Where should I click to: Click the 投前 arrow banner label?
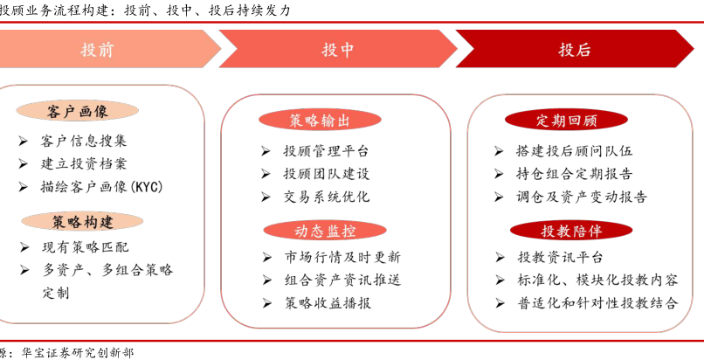pyautogui.click(x=97, y=50)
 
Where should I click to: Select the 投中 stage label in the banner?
pyautogui.click(x=337, y=50)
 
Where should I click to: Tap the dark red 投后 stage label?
pyautogui.click(x=574, y=50)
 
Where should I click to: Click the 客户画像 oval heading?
pyautogui.click(x=77, y=111)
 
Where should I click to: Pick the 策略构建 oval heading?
pyautogui.click(x=82, y=222)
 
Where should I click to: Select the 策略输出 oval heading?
pyautogui.click(x=320, y=121)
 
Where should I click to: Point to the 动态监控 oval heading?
pyautogui.click(x=325, y=231)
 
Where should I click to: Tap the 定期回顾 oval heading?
pyautogui.click(x=566, y=121)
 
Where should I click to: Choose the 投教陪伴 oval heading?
pyautogui.click(x=571, y=231)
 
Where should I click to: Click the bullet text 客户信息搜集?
pyautogui.click(x=84, y=141)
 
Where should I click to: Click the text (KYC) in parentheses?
pyautogui.click(x=147, y=187)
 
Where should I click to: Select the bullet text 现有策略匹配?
pyautogui.click(x=86, y=247)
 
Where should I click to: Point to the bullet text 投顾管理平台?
pyautogui.click(x=326, y=151)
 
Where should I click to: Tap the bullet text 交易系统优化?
pyautogui.click(x=326, y=197)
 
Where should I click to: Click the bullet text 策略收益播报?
pyautogui.click(x=328, y=303)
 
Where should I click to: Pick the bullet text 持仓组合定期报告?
pyautogui.click(x=574, y=174)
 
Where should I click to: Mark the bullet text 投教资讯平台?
pyautogui.click(x=561, y=257)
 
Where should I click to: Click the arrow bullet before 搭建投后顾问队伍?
pyautogui.click(x=499, y=151)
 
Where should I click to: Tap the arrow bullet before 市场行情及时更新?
pyautogui.click(x=266, y=258)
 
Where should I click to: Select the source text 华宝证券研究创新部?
pyautogui.click(x=77, y=353)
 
